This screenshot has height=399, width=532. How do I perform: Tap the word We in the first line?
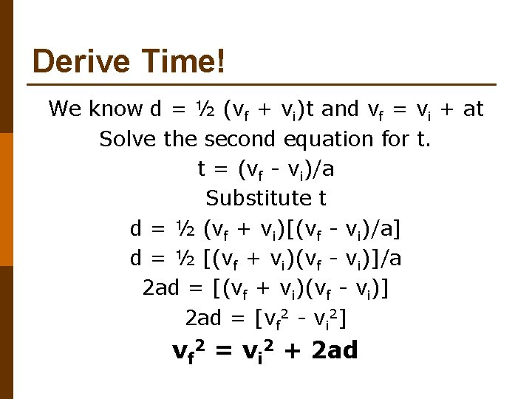(65, 109)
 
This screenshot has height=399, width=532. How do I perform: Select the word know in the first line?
(116, 109)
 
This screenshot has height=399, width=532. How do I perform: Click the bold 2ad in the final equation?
(335, 349)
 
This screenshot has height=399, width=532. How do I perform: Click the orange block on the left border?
(7, 199)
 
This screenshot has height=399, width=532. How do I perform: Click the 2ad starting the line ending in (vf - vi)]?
(160, 287)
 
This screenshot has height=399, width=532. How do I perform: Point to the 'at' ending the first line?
(473, 109)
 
